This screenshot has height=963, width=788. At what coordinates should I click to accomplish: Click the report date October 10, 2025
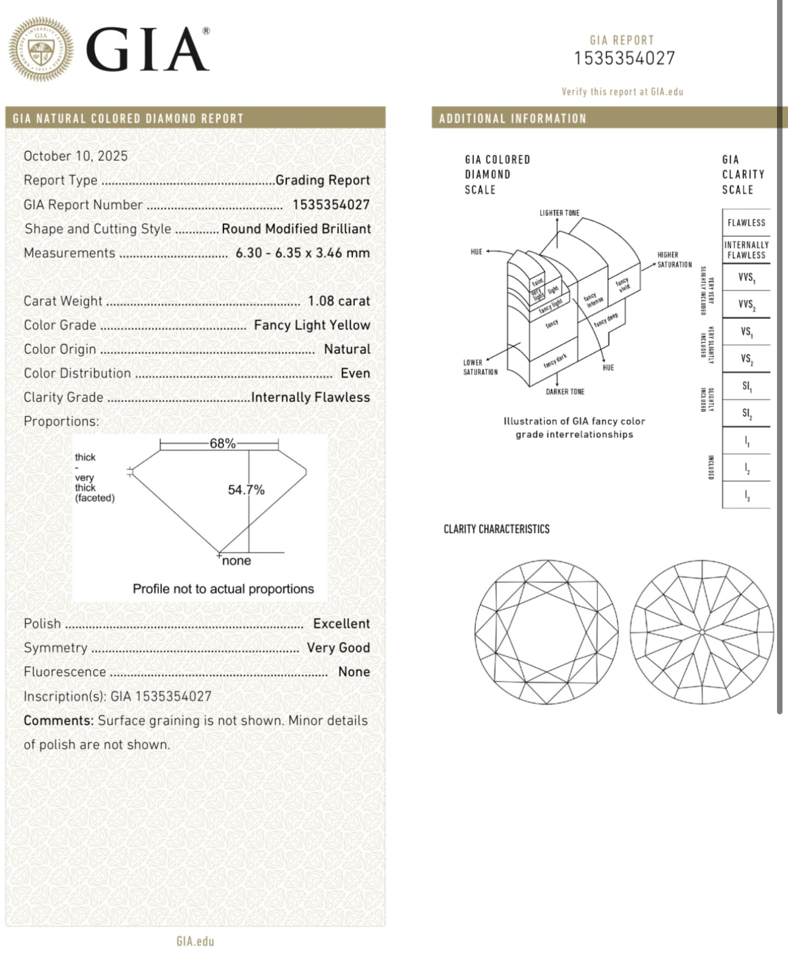(76, 156)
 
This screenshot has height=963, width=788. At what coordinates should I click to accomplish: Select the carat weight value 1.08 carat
(338, 301)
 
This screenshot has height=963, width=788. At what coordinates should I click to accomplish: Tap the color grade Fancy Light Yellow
(312, 325)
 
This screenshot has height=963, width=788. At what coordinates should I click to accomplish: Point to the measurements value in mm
(302, 253)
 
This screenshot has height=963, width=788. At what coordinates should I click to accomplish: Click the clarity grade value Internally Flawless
(310, 397)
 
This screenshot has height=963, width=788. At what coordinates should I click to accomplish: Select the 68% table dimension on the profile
(222, 444)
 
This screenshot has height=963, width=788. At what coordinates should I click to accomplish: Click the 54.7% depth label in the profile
(246, 490)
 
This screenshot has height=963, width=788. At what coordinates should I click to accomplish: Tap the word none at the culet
(236, 561)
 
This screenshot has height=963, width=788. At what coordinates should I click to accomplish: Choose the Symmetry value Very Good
(338, 648)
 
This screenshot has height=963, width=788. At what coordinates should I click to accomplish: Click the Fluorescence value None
(354, 672)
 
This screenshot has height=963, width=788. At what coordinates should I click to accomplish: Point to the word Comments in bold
(58, 720)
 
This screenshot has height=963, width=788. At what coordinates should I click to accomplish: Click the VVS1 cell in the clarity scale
(746, 278)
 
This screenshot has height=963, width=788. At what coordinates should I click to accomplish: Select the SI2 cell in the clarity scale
(746, 414)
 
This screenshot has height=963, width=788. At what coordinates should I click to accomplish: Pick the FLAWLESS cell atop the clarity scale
(746, 223)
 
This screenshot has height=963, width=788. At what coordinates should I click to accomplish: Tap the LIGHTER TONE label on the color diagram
(559, 213)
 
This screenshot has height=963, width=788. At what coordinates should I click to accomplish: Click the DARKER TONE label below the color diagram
(565, 392)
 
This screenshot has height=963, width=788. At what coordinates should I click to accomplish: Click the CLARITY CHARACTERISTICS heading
(496, 529)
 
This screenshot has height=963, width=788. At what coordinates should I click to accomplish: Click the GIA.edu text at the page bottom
(195, 941)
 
